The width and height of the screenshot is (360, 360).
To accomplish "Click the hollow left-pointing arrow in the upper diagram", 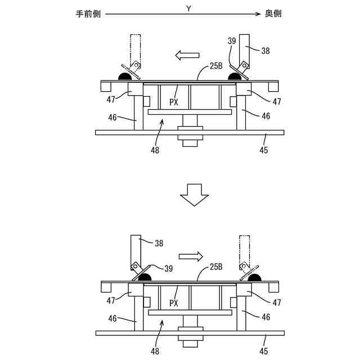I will (187, 55).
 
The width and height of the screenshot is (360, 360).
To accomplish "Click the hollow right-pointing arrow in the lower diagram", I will (192, 256).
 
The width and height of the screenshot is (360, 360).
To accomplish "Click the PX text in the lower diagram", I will (174, 303).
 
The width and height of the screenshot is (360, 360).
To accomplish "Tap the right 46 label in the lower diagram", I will (265, 318).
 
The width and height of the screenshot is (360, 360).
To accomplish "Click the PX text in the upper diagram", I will (174, 102).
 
